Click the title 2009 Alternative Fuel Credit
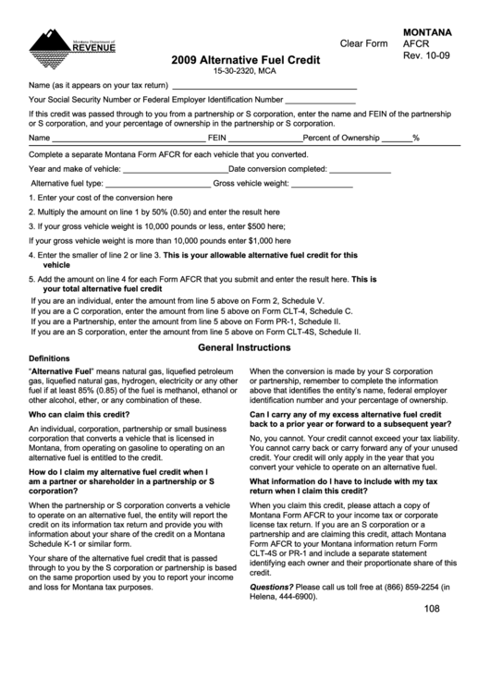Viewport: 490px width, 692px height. [245, 59]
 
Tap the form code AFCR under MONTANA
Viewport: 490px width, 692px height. [417, 43]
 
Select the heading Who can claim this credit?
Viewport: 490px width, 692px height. [79, 415]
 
